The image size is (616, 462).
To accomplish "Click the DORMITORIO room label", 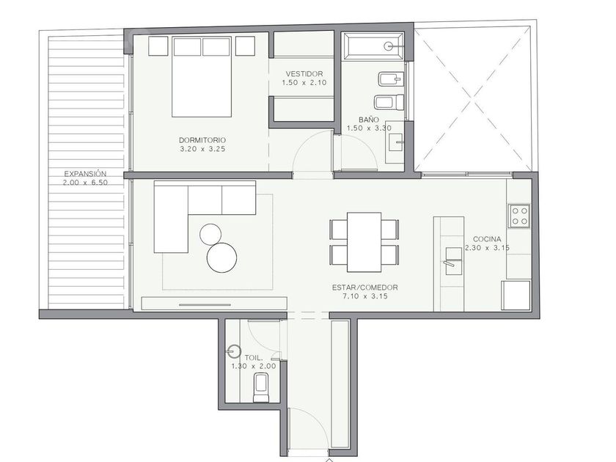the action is [x=202, y=140].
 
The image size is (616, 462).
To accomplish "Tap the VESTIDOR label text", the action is [x=304, y=74].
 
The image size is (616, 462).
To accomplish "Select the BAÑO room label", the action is [x=369, y=120].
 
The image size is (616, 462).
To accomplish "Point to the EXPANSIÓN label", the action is [x=85, y=173].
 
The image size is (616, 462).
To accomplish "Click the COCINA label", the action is [x=487, y=239].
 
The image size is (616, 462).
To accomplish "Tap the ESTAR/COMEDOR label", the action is [x=365, y=287].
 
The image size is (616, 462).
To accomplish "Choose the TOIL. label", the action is [x=254, y=358].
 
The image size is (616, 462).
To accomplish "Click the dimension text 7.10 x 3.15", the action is [x=365, y=296].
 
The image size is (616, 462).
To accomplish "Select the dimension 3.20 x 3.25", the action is [x=202, y=149].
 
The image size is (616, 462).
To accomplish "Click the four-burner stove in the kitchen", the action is [x=519, y=216].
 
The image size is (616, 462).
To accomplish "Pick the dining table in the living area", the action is [x=364, y=242].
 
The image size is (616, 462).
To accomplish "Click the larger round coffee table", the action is [x=222, y=257].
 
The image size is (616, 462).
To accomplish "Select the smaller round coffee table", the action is [x=210, y=234].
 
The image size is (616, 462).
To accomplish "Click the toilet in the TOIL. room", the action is [x=261, y=388].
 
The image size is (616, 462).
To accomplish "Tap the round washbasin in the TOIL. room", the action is [x=235, y=351].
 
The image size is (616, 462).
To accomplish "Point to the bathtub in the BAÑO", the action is [x=373, y=46].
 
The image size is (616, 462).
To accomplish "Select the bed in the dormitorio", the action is [x=201, y=76].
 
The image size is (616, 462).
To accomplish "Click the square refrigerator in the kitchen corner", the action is [x=516, y=296].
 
